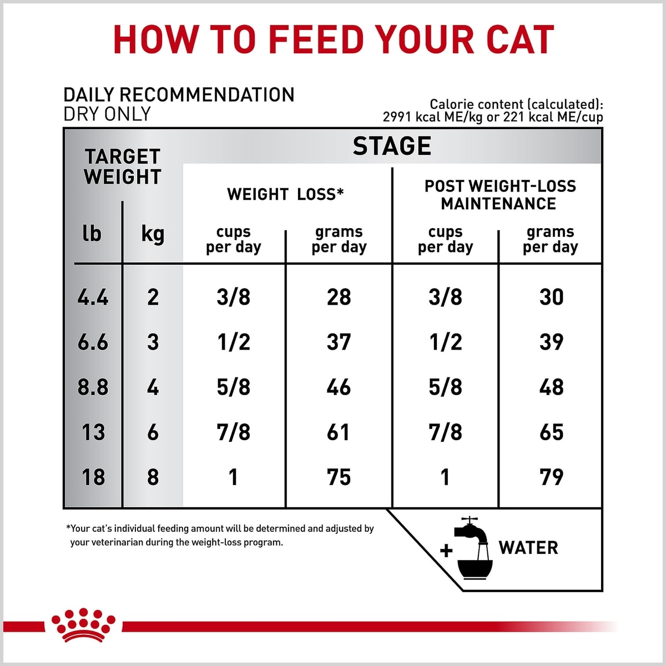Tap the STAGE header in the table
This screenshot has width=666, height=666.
392,146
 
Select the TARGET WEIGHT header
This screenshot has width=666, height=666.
123,167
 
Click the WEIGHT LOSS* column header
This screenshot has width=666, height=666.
285,194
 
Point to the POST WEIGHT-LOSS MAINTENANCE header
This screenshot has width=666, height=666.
500,195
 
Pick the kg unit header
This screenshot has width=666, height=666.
153,235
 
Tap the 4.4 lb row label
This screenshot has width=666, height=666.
93,297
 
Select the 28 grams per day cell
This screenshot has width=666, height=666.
339,297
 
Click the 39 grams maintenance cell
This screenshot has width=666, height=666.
551,342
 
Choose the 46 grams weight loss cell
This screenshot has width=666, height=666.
339,387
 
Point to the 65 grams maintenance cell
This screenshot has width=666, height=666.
551,432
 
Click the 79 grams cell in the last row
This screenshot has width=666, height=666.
551,477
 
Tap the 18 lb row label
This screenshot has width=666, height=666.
93,477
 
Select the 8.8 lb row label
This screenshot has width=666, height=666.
93,387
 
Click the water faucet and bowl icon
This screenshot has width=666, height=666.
472,548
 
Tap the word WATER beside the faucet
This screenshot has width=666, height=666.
528,548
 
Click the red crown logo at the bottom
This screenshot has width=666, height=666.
83,626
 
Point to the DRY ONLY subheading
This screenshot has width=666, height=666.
107,114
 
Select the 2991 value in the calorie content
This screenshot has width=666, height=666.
397,117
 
